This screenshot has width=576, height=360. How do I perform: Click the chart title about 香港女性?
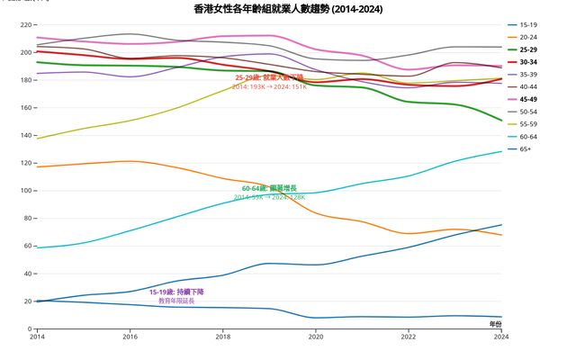[x=288, y=9]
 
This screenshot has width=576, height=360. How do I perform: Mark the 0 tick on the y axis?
[x=29, y=329]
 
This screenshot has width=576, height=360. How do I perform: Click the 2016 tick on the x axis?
[x=130, y=337]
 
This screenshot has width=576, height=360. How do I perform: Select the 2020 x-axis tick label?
[x=316, y=337]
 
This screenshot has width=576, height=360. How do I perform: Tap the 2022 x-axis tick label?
[x=409, y=337]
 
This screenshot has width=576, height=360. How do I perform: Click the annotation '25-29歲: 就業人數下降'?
[x=269, y=77]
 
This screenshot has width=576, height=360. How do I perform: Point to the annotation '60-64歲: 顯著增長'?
[x=269, y=188]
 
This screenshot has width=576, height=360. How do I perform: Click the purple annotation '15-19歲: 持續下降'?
[x=176, y=292]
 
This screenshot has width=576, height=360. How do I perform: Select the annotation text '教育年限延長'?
[x=176, y=301]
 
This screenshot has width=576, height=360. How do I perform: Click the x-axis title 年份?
[x=495, y=322]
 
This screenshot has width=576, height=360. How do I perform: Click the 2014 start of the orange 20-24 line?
[x=37, y=166]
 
